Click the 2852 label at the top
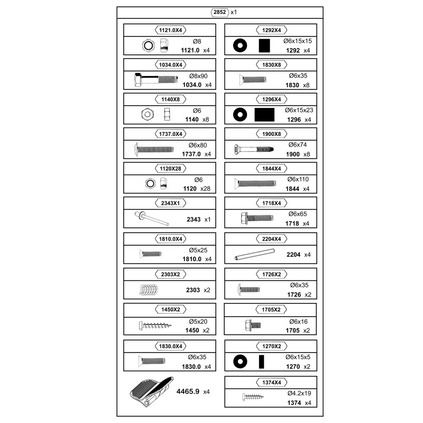point(220,12)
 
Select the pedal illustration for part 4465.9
point(151,392)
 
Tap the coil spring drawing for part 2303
point(149,290)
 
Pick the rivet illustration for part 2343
point(152,218)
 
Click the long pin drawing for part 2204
point(255,254)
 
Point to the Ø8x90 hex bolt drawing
point(156,80)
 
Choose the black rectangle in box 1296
point(264,115)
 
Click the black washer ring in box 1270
point(240,362)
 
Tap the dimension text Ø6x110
point(298,179)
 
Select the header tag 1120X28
point(170,169)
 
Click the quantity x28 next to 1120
point(205,189)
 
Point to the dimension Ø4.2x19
point(299,393)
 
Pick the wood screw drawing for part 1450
point(155,325)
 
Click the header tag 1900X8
point(271,134)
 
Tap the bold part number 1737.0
point(191,154)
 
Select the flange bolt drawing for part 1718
point(257,218)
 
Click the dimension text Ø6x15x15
point(298,41)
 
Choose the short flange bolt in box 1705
point(253,325)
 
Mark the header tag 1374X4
point(271,382)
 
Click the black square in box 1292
point(264,45)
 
